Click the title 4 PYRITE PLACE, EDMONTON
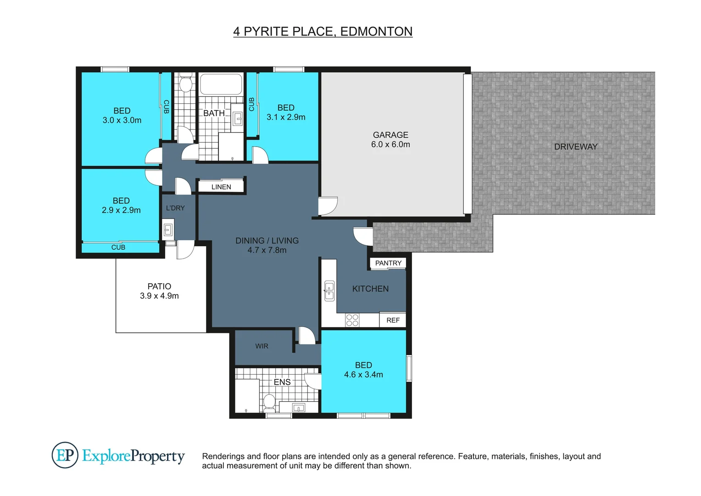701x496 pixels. coord(323,31)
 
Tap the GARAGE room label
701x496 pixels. coord(390,135)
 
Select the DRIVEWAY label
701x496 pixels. coord(575,147)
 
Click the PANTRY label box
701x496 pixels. coord(388,263)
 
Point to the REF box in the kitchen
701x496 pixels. coord(393,320)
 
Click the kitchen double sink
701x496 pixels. coord(329,291)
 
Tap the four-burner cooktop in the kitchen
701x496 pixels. coord(352,320)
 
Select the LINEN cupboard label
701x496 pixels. coord(221,187)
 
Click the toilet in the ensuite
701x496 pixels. coord(269,403)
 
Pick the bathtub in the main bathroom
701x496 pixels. coord(221,84)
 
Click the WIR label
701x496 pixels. coord(261,346)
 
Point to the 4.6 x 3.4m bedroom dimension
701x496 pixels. coord(363,375)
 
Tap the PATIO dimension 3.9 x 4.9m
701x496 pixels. coord(159,296)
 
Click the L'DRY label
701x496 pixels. coord(175,208)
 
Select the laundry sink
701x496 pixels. coord(168,228)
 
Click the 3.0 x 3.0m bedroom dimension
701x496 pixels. coord(122,120)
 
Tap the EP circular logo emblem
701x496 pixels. coord(65,455)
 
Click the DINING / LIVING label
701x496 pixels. coord(267,241)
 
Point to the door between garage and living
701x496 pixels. coord(328,205)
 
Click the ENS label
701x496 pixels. coord(282,382)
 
